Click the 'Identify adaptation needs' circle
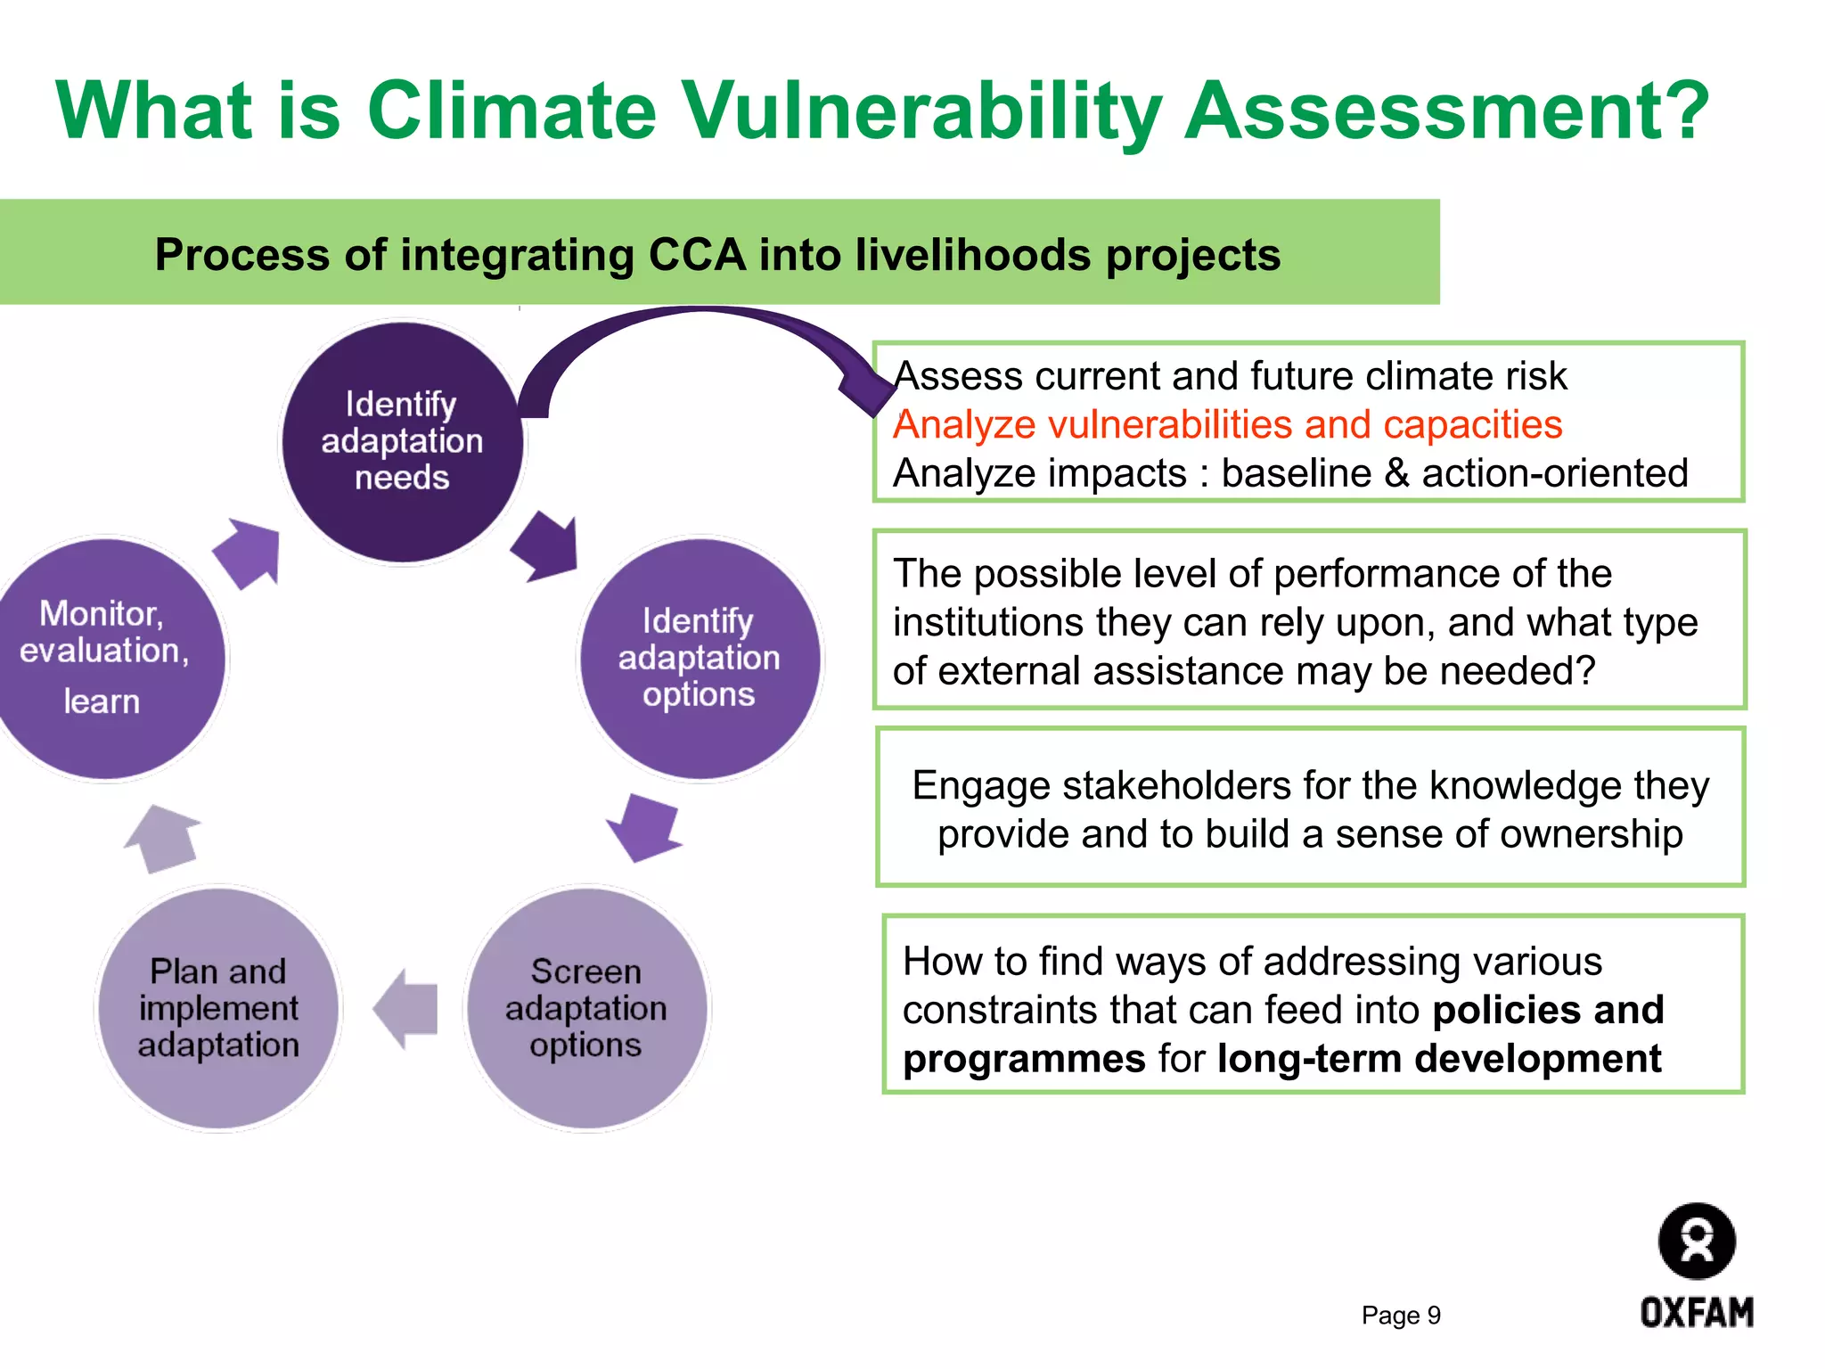(402, 441)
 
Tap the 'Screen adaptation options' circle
(585, 1008)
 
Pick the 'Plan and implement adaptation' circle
(218, 1008)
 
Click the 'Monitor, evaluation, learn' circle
(104, 658)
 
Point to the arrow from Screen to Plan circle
(406, 1009)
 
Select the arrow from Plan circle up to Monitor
(163, 838)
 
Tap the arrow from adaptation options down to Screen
(644, 827)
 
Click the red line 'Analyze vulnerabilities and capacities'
(1227, 425)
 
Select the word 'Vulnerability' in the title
(921, 111)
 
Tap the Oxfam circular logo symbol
(1696, 1241)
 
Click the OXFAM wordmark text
(1696, 1313)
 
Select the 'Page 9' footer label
(1400, 1316)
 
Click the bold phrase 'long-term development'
(1438, 1059)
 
